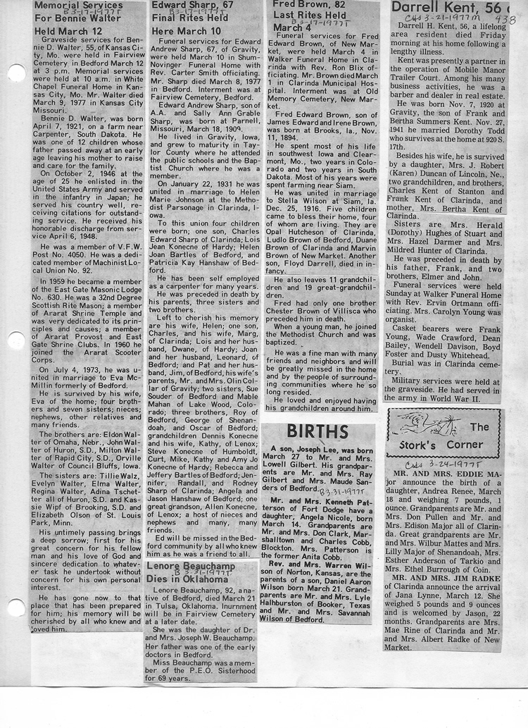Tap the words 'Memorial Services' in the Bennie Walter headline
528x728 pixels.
pyautogui.click(x=78, y=5)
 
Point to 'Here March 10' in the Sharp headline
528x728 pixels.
pyautogui.click(x=187, y=31)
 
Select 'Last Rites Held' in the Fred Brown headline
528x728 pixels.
pyautogui.click(x=310, y=16)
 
